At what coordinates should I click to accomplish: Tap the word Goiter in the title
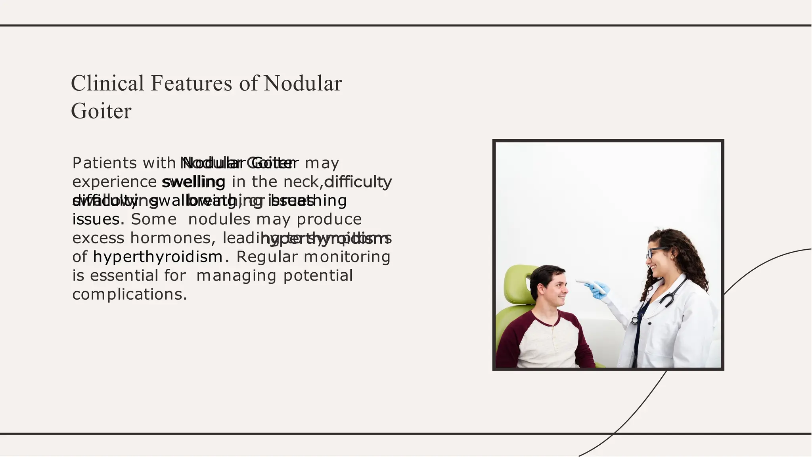click(x=101, y=111)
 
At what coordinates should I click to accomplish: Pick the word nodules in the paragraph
click(x=219, y=219)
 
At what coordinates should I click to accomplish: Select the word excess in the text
click(x=98, y=238)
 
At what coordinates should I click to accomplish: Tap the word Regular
click(x=267, y=257)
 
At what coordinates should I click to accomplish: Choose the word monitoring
click(x=347, y=257)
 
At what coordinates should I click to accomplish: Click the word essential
click(x=124, y=275)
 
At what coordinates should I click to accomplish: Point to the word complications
click(x=129, y=294)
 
